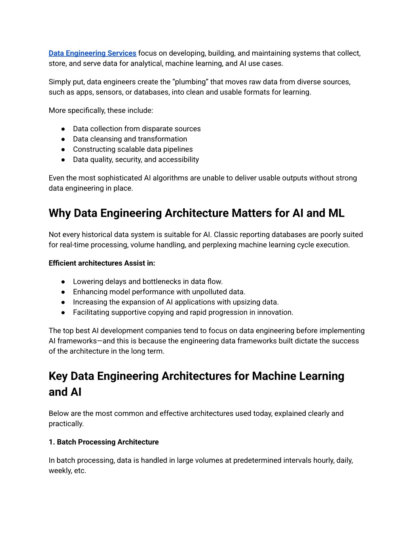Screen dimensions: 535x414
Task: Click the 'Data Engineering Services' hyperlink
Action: tap(92, 53)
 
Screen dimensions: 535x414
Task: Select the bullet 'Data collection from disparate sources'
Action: tap(137, 129)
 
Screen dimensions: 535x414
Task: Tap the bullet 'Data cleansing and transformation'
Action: tap(130, 139)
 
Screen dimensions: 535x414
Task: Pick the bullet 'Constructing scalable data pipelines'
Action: tap(133, 149)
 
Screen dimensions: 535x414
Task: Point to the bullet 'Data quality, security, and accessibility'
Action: tap(136, 159)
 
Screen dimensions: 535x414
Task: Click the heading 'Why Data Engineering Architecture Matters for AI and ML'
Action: tap(196, 213)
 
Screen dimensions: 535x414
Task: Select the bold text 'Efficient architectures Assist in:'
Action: tap(102, 263)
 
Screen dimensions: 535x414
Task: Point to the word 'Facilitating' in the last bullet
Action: tap(91, 312)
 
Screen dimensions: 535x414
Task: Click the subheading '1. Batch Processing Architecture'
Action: tap(103, 442)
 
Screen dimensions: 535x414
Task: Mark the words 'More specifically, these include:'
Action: tap(101, 110)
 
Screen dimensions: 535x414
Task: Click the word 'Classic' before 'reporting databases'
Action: tap(227, 235)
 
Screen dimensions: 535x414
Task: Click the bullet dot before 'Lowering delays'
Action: tap(63, 281)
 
